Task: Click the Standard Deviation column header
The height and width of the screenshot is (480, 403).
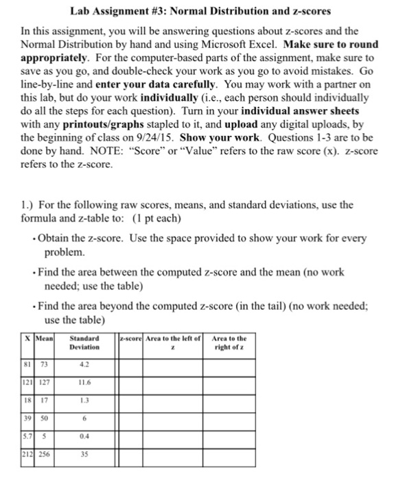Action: [x=84, y=342]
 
